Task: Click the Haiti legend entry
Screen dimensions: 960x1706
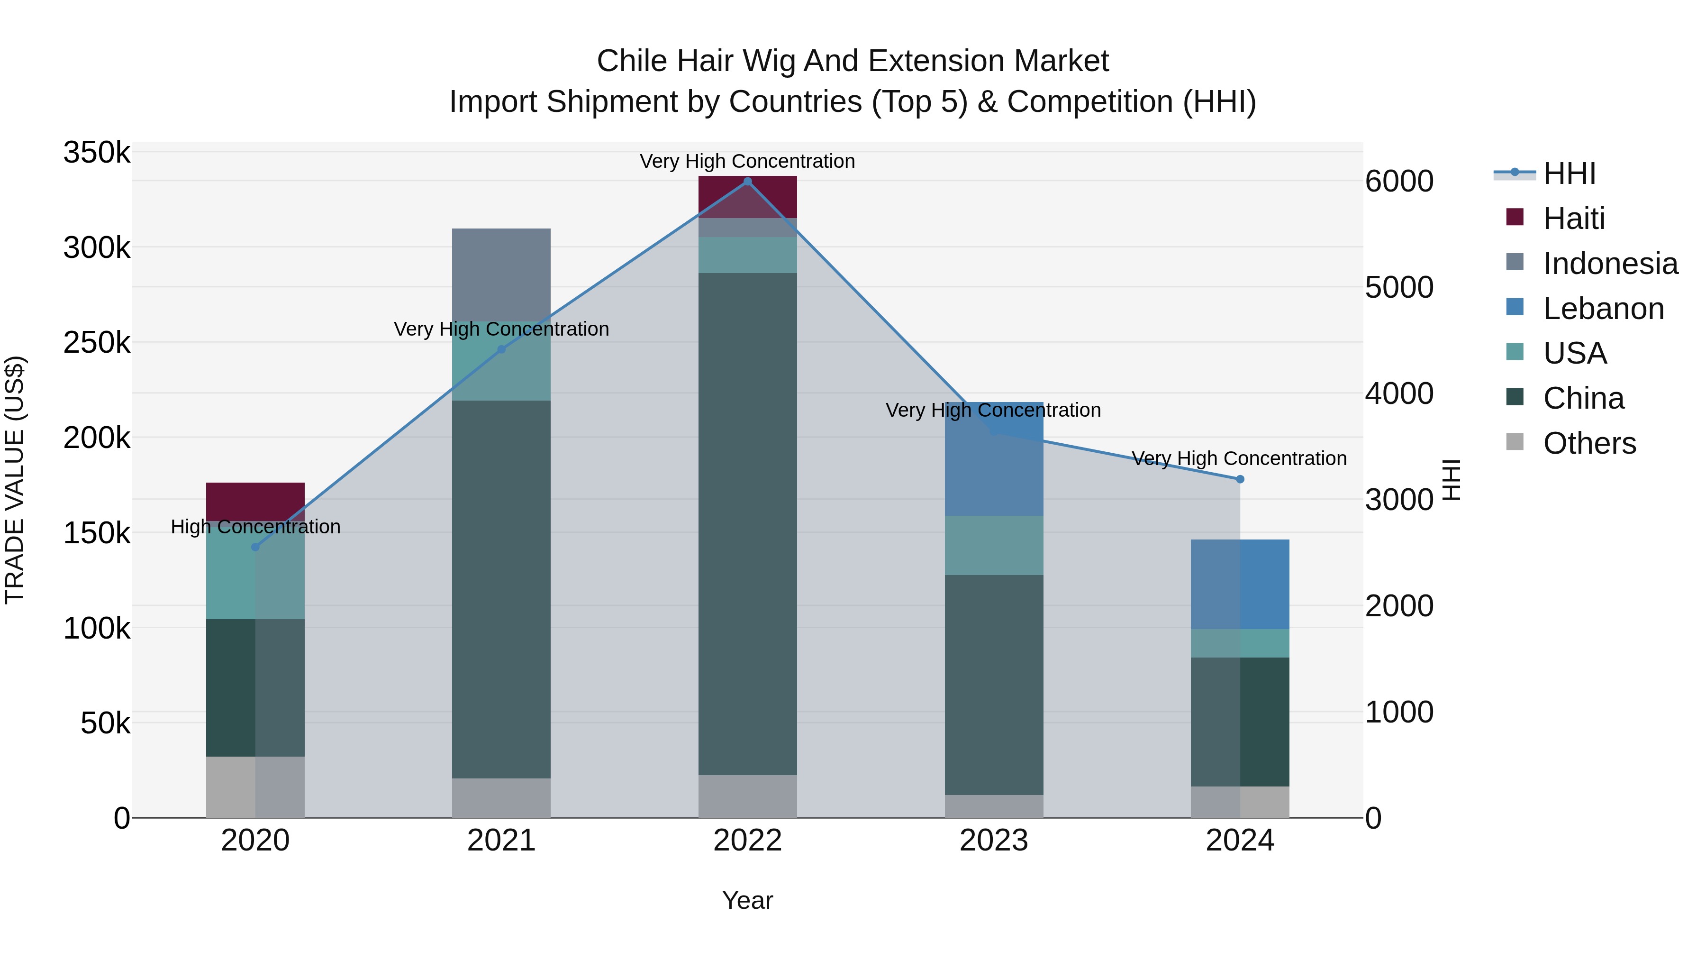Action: click(1573, 219)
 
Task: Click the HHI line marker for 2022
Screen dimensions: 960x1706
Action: click(748, 182)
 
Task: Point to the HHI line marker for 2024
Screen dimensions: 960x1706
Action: click(1240, 479)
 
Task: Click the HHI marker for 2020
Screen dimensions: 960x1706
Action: click(255, 547)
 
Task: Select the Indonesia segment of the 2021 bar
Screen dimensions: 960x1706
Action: click(501, 275)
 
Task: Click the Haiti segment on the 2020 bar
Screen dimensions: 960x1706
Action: click(255, 502)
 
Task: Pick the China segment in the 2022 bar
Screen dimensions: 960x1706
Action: click(748, 523)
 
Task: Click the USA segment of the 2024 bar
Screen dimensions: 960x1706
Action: click(1240, 643)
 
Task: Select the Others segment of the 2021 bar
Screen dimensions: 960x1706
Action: click(501, 798)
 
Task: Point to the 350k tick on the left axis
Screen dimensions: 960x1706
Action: click(97, 153)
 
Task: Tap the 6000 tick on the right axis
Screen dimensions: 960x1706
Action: click(1399, 182)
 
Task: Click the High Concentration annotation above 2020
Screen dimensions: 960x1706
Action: click(255, 527)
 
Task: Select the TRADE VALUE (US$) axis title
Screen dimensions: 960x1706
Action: click(15, 480)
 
